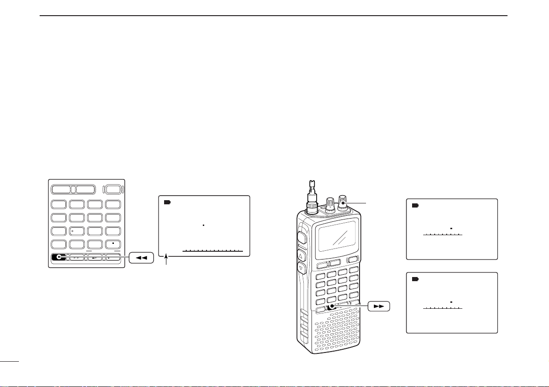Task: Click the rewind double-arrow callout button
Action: pos(141,259)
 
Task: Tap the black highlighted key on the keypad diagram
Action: pos(59,258)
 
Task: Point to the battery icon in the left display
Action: pos(167,202)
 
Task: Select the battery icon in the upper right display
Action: pos(415,205)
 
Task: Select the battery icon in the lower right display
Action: pos(415,279)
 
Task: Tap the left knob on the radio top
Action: pos(330,204)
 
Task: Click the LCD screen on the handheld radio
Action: pos(338,235)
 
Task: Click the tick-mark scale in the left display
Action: pos(213,251)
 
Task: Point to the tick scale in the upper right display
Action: pos(443,235)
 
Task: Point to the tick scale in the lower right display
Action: pos(443,308)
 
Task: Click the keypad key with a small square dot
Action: pos(113,243)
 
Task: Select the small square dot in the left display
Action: pos(203,225)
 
